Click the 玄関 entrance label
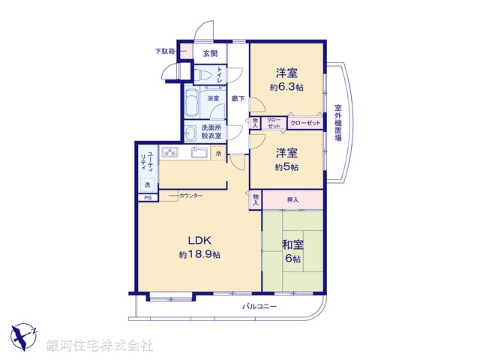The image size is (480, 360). (210, 53)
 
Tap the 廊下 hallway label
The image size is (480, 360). (237, 98)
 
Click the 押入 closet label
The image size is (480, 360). (292, 199)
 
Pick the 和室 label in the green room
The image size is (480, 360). (292, 244)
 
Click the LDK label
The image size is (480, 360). (199, 240)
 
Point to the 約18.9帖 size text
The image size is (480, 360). (199, 255)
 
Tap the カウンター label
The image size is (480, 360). (190, 196)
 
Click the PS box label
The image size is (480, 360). (147, 197)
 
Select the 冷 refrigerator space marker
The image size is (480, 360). (218, 154)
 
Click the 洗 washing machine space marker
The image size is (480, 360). (147, 184)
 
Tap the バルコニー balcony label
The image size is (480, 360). (259, 307)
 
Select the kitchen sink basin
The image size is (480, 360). (199, 153)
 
